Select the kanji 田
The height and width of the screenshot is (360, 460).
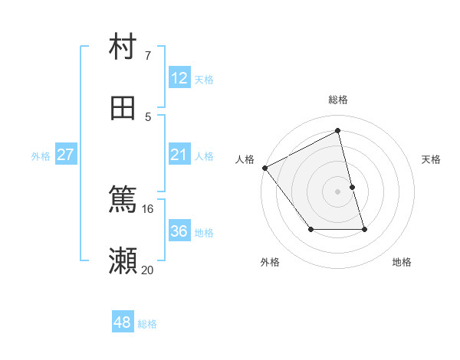123,107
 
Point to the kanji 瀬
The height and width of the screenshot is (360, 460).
123,260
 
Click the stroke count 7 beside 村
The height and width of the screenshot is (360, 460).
148,56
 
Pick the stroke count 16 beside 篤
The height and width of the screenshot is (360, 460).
148,208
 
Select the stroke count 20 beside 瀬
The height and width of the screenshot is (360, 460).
148,270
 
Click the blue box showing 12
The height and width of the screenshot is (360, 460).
179,78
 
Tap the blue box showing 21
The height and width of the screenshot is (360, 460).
179,155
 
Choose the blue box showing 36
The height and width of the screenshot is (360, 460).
179,231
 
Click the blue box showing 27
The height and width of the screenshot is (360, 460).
65,155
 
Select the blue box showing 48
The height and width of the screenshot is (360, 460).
123,322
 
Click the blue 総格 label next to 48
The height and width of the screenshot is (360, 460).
147,324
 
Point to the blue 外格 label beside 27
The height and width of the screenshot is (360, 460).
41,156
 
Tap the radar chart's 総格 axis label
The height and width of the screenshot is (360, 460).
338,100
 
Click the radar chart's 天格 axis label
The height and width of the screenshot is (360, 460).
432,159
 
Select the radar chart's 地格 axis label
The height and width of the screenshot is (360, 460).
402,263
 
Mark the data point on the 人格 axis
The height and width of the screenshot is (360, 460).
264,168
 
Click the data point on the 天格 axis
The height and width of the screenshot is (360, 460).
352,187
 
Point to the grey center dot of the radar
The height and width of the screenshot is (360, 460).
338,191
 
